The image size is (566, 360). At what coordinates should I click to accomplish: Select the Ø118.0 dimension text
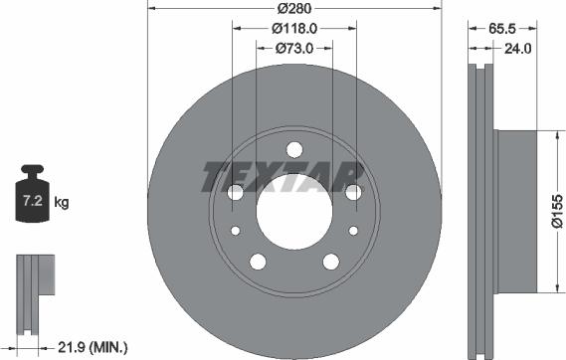tap(295, 28)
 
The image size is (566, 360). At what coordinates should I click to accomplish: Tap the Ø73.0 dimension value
tap(294, 48)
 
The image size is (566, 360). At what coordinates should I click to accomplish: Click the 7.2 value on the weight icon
tap(30, 202)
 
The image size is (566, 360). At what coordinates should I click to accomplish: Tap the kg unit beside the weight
tap(62, 203)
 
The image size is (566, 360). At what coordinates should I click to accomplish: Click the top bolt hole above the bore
tap(293, 150)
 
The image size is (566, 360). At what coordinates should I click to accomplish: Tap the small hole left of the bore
tap(236, 231)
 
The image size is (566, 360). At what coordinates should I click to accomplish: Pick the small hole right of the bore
tap(352, 231)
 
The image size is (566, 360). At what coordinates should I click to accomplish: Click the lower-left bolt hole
tap(258, 263)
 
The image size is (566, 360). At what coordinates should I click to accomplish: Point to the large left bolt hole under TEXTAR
tap(235, 193)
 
